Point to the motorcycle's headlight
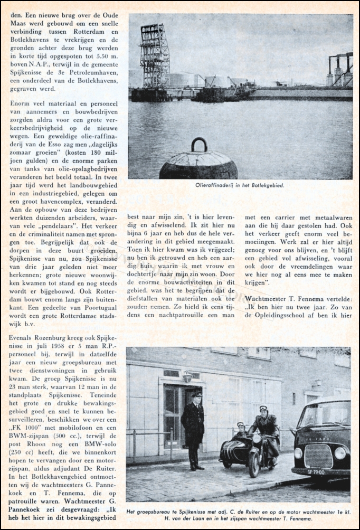click(x=258, y=439)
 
